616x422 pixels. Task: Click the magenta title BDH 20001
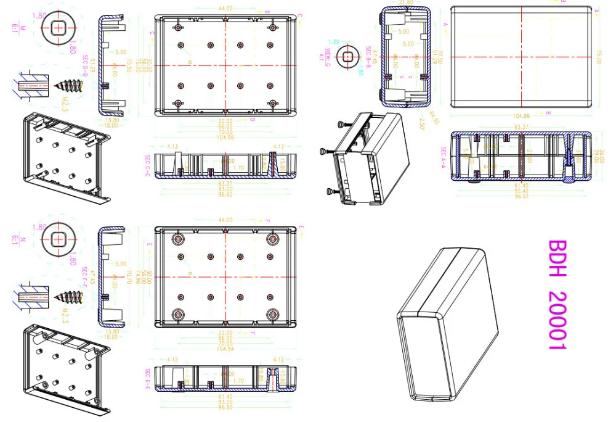[x=556, y=295]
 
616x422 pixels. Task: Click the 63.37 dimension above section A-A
[x=521, y=127]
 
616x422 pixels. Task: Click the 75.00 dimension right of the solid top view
[x=597, y=57]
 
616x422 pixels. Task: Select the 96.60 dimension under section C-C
[x=225, y=195]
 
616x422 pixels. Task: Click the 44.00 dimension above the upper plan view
[x=225, y=8]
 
